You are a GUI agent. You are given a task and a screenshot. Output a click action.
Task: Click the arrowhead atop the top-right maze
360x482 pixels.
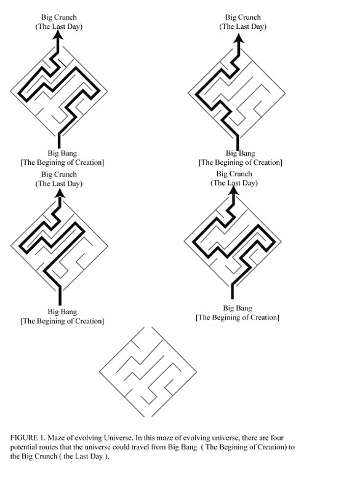pyautogui.click(x=239, y=38)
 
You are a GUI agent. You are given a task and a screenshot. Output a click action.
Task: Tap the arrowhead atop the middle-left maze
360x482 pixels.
pyautogui.click(x=60, y=193)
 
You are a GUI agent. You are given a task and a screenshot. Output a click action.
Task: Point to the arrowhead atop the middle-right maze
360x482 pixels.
pyautogui.click(x=234, y=191)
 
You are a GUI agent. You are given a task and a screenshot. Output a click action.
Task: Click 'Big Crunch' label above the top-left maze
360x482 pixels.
pyautogui.click(x=59, y=17)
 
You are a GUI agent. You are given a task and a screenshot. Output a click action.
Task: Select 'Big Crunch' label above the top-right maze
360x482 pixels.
pyautogui.click(x=242, y=17)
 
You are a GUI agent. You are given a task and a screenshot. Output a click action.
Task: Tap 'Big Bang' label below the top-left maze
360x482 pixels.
pyautogui.click(x=62, y=153)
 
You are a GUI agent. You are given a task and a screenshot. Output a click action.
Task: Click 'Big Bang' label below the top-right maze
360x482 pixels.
pyautogui.click(x=240, y=153)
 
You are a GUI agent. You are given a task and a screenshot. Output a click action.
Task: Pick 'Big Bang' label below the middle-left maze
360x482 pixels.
pyautogui.click(x=62, y=312)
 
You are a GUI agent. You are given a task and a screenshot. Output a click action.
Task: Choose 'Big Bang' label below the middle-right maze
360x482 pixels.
pyautogui.click(x=238, y=308)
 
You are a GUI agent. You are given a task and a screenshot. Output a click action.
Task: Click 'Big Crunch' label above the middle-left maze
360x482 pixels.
pyautogui.click(x=59, y=175)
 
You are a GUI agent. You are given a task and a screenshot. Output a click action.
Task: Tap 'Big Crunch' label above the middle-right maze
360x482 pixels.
pyautogui.click(x=234, y=173)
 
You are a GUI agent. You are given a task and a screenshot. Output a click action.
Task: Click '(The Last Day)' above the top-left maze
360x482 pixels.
pyautogui.click(x=59, y=26)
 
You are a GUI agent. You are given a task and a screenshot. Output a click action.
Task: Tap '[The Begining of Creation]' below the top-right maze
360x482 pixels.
pyautogui.click(x=240, y=162)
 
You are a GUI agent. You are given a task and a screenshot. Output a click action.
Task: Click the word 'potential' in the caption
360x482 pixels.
pyautogui.click(x=23, y=447)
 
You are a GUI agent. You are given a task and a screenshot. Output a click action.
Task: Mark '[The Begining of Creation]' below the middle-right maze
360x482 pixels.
pyautogui.click(x=238, y=317)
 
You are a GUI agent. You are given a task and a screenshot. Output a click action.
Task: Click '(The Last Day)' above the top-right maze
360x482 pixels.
pyautogui.click(x=242, y=26)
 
